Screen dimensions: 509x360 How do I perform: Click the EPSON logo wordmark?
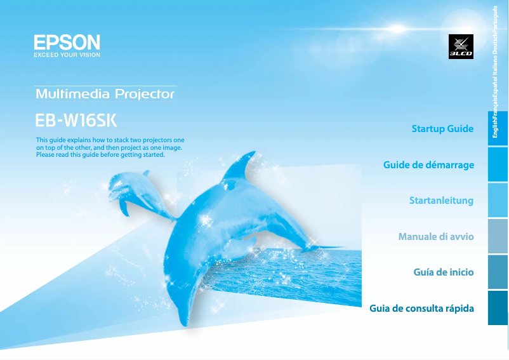67,43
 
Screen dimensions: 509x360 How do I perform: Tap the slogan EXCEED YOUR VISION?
67,55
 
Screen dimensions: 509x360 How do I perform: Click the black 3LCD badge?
461,46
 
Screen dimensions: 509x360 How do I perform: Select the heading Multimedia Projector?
105,94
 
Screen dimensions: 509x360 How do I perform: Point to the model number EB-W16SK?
76,120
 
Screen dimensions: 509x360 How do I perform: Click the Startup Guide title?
442,129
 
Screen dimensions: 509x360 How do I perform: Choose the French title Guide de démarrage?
428,165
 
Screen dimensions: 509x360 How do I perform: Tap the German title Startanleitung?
441,201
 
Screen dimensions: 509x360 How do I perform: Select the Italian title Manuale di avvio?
436,237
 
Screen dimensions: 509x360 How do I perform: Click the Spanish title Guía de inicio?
444,272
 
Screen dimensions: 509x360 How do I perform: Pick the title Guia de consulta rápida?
421,308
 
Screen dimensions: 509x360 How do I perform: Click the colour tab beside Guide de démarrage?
498,164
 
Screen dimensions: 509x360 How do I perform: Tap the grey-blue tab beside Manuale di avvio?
498,236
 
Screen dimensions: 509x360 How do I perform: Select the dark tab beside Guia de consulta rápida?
498,308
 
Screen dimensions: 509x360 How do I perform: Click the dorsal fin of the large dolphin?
240,166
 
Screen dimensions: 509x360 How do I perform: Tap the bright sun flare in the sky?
397,29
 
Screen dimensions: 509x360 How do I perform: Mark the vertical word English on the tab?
494,128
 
